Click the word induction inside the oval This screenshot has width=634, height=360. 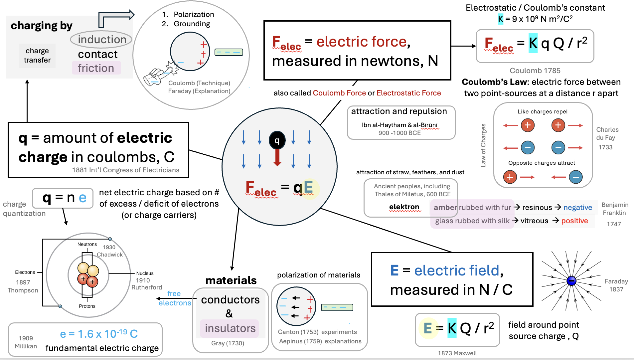pyautogui.click(x=102, y=40)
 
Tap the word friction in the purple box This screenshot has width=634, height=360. pyautogui.click(x=96, y=68)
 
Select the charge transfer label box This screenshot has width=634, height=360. pyautogui.click(x=37, y=56)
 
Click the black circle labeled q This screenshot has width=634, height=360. pyautogui.click(x=277, y=140)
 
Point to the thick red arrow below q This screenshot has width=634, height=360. pyautogui.click(x=277, y=157)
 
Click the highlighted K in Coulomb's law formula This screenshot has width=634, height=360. pyautogui.click(x=533, y=43)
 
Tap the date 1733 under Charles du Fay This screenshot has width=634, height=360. pyautogui.click(x=605, y=147)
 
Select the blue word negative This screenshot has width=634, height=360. pyautogui.click(x=577, y=208)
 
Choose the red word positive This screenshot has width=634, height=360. pyautogui.click(x=574, y=221)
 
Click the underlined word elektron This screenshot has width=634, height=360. pyautogui.click(x=404, y=207)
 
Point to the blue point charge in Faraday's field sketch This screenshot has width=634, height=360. pyautogui.click(x=571, y=281)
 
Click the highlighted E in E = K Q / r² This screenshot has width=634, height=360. pyautogui.click(x=428, y=328)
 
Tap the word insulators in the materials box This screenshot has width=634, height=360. pyautogui.click(x=230, y=328)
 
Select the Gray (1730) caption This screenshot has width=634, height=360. pyautogui.click(x=228, y=343)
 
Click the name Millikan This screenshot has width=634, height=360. pyautogui.click(x=26, y=346)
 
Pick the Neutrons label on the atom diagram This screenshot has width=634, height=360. pyautogui.click(x=87, y=244)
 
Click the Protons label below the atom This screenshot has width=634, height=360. pyautogui.click(x=87, y=306)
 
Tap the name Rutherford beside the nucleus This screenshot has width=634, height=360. pyautogui.click(x=147, y=287)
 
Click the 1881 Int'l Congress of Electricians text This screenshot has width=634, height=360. pyautogui.click(x=126, y=170)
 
